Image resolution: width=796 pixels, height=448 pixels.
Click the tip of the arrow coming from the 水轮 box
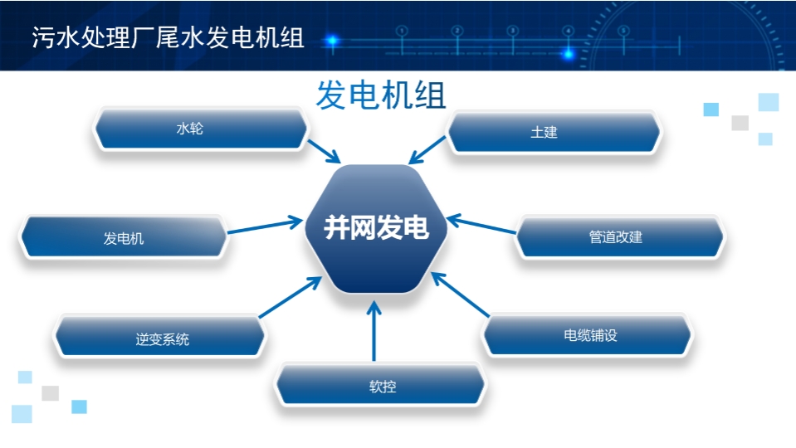(x=340, y=163)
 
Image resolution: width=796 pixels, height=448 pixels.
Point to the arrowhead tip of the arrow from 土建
(x=409, y=163)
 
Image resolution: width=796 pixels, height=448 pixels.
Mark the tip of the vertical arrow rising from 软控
(x=374, y=301)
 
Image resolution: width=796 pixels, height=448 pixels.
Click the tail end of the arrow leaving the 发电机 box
(x=227, y=233)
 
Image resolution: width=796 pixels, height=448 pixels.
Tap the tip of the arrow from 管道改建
(x=447, y=219)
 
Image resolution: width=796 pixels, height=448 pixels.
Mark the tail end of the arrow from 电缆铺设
(x=489, y=317)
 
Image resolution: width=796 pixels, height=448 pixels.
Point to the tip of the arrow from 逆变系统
(x=322, y=277)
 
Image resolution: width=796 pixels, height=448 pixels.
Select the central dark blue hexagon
(x=376, y=229)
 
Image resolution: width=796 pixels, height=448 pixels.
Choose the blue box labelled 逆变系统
(x=160, y=336)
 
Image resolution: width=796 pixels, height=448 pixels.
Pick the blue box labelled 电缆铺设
(x=588, y=335)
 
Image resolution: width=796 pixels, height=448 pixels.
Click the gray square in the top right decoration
(x=740, y=123)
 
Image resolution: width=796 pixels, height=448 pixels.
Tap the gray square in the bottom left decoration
(x=51, y=393)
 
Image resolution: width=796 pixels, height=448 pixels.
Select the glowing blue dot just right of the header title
(x=333, y=40)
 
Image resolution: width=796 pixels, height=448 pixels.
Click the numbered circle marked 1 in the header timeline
(x=402, y=31)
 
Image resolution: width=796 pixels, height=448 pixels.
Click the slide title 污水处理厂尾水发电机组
(x=168, y=37)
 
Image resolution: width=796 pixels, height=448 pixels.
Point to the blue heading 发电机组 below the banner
(x=381, y=95)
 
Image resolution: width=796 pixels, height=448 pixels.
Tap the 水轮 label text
(x=190, y=129)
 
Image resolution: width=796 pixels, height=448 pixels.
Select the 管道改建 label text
(x=615, y=237)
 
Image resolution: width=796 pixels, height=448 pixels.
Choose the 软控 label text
(x=383, y=387)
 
